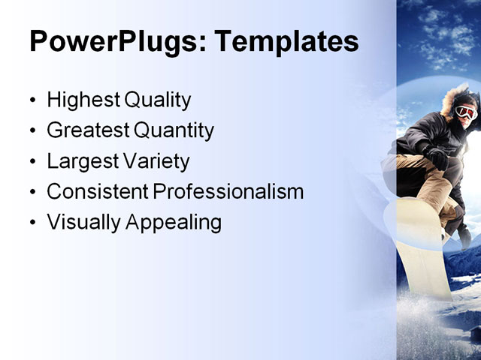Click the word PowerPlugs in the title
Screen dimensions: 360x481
[x=111, y=42]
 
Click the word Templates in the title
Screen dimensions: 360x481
[x=286, y=42]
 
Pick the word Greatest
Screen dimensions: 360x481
[x=88, y=130]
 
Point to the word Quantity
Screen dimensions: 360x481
[x=174, y=130]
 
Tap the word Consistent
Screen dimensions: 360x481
[x=98, y=192]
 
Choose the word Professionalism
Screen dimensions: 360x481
[x=228, y=192]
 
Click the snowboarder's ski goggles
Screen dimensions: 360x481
[x=466, y=112]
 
